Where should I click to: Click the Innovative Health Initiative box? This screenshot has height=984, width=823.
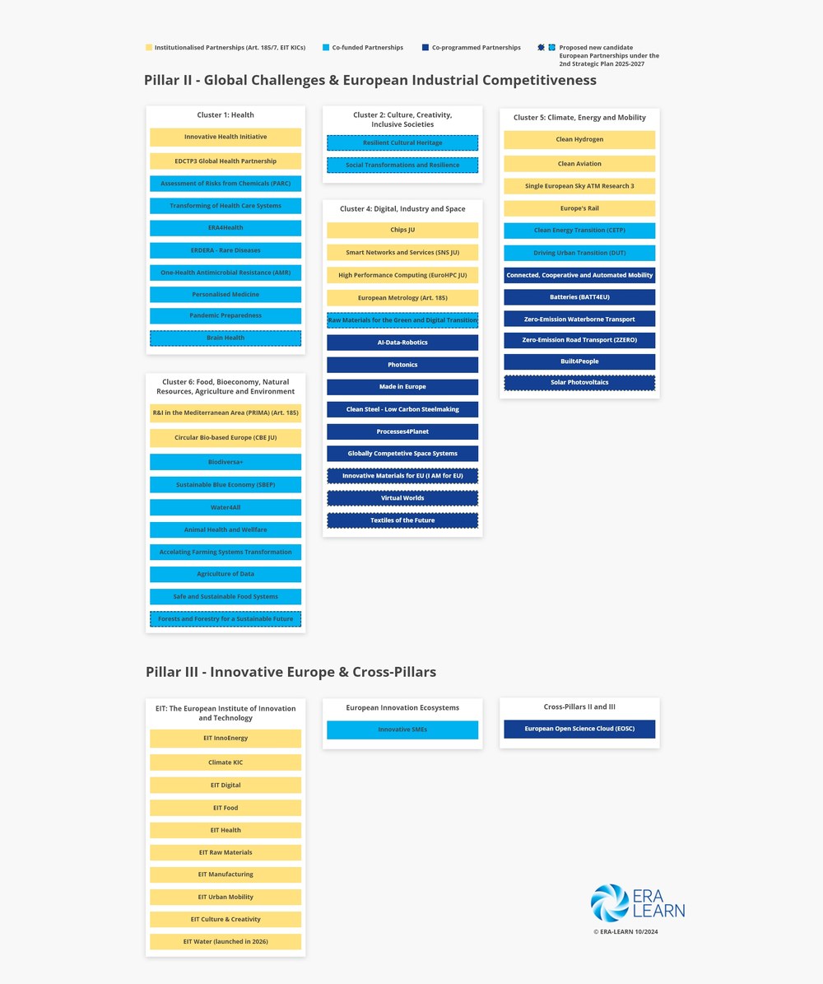226,137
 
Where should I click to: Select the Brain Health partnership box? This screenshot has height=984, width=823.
226,338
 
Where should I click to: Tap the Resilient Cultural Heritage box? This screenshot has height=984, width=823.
402,143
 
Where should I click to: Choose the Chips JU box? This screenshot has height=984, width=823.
402,230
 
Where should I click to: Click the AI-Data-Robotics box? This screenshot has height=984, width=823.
402,343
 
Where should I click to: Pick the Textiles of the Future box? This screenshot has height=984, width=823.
402,520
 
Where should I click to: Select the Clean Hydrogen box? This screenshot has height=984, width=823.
579,140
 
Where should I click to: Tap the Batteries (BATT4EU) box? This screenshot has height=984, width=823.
579,296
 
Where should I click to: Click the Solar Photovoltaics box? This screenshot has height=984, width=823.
579,383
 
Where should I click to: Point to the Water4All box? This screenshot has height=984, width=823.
226,507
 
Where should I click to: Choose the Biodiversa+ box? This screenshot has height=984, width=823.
226,462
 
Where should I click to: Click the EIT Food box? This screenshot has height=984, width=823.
226,808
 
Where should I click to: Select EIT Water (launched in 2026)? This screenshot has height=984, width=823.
226,941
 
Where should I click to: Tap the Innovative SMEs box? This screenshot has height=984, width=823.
402,730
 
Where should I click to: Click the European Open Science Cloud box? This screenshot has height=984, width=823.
579,729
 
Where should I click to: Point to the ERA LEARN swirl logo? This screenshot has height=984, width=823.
610,902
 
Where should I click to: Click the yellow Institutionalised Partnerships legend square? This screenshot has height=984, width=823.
149,48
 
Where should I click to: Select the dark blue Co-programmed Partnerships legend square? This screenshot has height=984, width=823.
425,48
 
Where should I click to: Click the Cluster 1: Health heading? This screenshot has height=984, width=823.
226,115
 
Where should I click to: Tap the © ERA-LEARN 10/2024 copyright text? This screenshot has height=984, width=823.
625,932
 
